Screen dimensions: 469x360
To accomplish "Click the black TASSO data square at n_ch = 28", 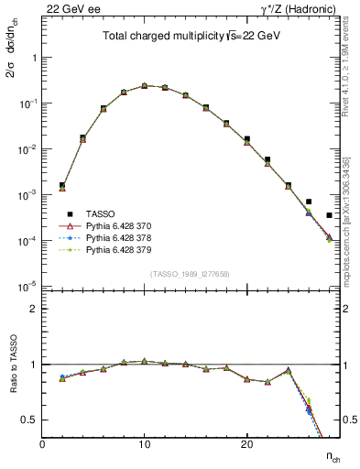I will point(329,215).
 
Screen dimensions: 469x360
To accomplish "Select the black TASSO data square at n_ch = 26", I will point(309,202).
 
